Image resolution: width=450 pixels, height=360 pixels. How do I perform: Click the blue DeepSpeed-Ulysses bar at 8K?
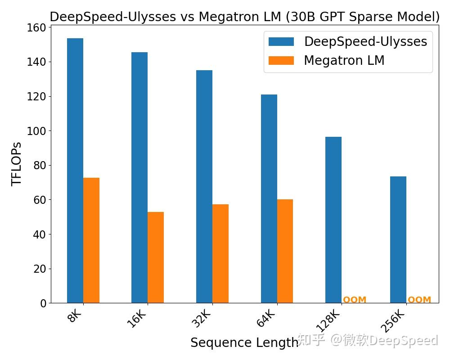(75, 171)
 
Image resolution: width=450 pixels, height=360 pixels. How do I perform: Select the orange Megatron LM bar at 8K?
(91, 240)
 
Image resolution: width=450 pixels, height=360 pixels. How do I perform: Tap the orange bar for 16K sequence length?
(156, 257)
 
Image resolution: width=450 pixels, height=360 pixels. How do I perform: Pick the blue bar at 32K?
(204, 187)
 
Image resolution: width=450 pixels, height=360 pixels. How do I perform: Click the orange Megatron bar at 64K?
(285, 251)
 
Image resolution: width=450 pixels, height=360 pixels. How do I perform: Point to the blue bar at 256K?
(398, 239)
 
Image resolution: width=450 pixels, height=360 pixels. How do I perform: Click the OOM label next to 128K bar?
(355, 300)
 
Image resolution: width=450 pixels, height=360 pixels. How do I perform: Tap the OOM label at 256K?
(419, 300)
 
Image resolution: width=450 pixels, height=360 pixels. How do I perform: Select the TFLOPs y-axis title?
(17, 164)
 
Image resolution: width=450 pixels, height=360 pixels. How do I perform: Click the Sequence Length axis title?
(244, 342)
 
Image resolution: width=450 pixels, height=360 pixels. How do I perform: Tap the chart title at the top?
(244, 17)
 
